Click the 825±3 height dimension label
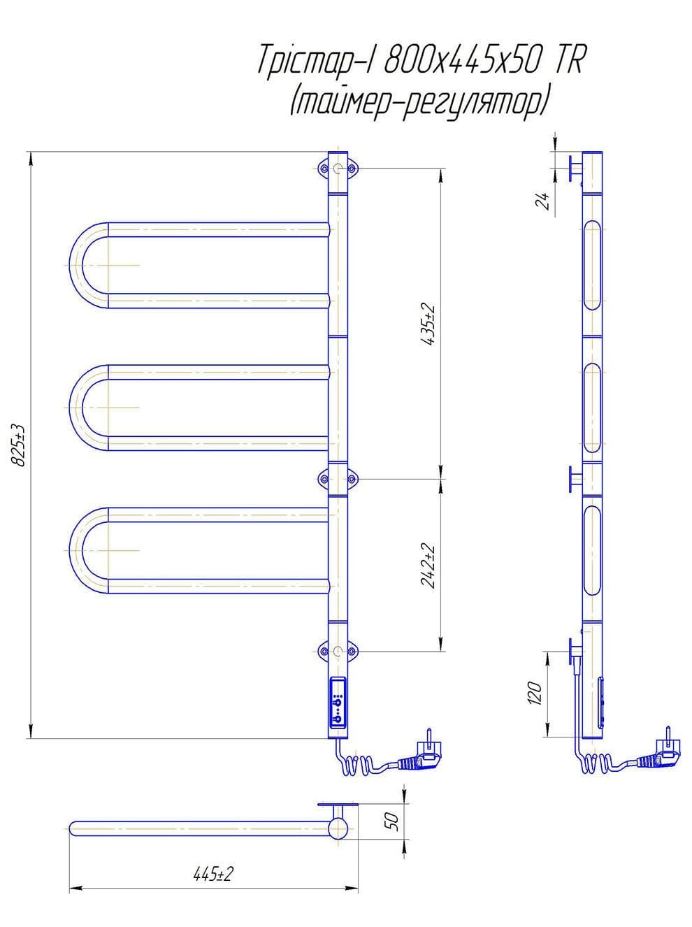coord(19,444)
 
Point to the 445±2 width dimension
coord(213,874)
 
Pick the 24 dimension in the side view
coord(542,201)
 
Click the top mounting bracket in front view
coord(338,169)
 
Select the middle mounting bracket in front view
coord(338,479)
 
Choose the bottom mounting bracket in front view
coord(338,652)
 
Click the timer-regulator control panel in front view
coord(338,706)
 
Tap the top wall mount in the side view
coord(575,168)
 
